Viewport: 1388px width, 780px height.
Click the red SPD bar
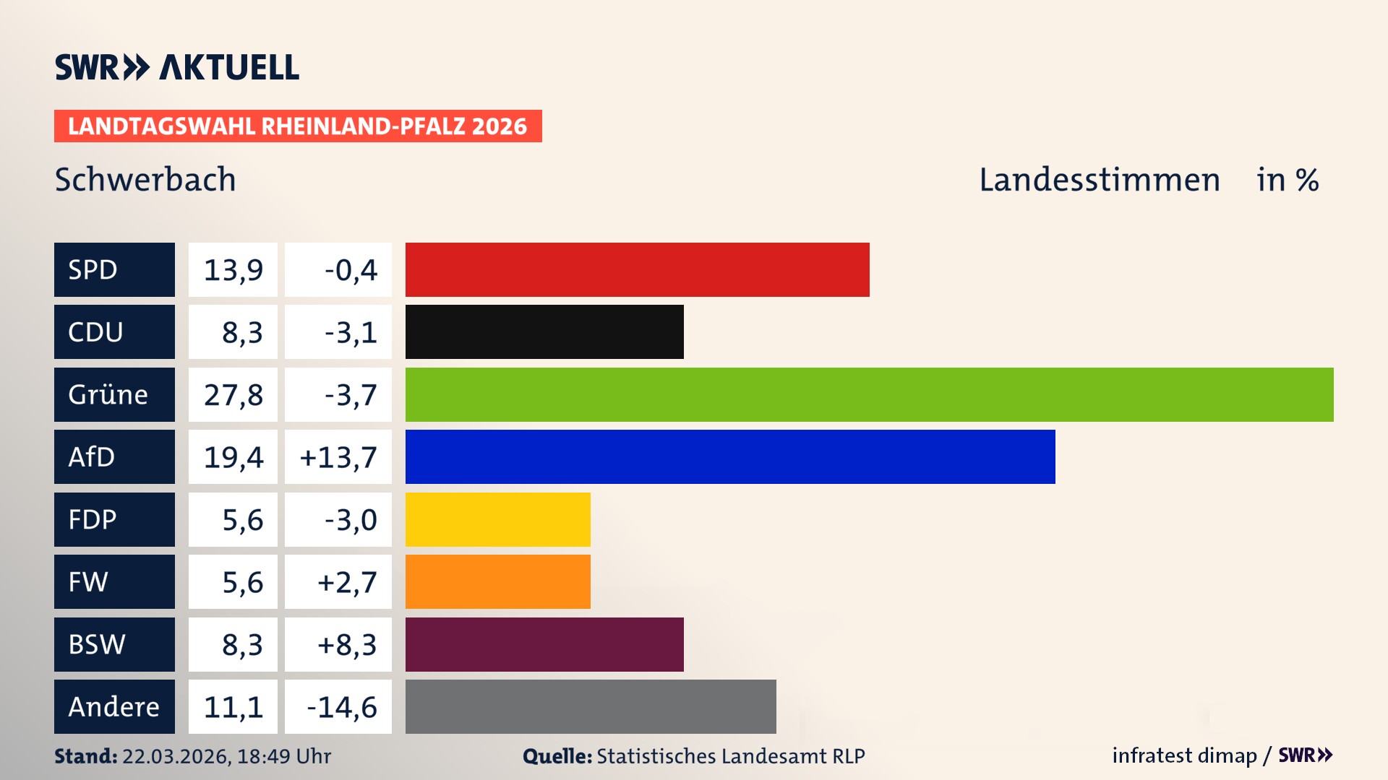(637, 269)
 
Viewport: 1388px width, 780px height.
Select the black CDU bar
(544, 332)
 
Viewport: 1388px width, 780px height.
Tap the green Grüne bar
(869, 394)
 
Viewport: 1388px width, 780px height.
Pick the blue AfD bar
(730, 456)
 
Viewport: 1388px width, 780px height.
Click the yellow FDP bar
(497, 519)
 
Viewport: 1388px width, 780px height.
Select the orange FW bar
(497, 581)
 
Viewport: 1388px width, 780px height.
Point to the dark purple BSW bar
(544, 644)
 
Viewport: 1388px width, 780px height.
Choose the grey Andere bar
(591, 706)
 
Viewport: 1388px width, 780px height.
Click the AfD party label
(114, 456)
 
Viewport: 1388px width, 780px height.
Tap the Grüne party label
(114, 394)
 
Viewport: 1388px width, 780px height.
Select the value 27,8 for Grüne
(233, 394)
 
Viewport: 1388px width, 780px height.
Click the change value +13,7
(338, 456)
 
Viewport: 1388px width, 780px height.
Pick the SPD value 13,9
(233, 269)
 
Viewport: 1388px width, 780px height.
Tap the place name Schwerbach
(145, 179)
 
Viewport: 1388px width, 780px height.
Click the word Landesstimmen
(1099, 179)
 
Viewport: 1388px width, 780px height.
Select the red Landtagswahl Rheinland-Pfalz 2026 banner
(298, 126)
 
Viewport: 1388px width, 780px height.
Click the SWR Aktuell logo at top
(177, 67)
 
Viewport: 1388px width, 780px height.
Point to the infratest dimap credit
(1183, 755)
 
